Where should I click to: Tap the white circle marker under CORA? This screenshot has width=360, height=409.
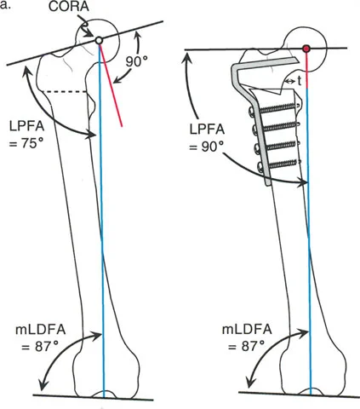(x=99, y=40)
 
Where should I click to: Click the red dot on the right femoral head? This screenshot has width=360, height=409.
(x=307, y=49)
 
